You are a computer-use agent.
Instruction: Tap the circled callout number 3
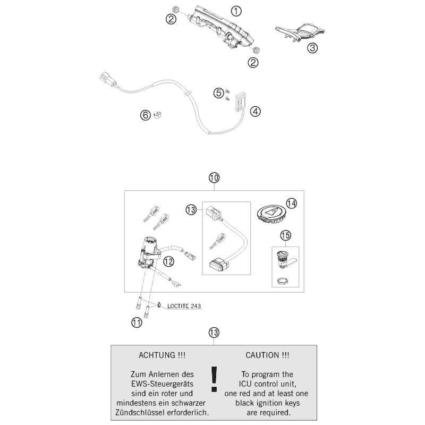pos(313,48)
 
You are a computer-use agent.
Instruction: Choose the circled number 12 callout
pos(168,260)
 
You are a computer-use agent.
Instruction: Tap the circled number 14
pos(290,203)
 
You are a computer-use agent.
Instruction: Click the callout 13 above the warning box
pos(214,333)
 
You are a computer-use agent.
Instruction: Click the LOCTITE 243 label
pos(184,305)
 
